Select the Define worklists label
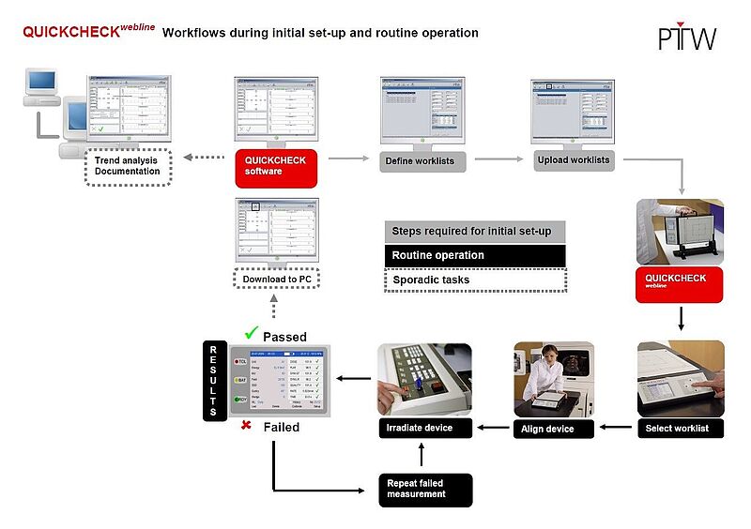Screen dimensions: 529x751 coord(420,161)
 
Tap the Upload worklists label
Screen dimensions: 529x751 coord(572,159)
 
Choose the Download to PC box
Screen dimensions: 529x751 coord(276,279)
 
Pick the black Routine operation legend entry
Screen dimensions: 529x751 coord(474,255)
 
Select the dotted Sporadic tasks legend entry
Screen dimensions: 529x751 coord(474,280)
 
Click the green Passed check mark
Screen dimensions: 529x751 coord(250,333)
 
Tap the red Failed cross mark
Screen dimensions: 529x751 coord(246,427)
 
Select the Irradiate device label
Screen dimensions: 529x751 coord(419,429)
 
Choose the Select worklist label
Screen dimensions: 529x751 coord(679,429)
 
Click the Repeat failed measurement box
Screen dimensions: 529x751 coord(424,490)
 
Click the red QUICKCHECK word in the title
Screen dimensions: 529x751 coord(69,32)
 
